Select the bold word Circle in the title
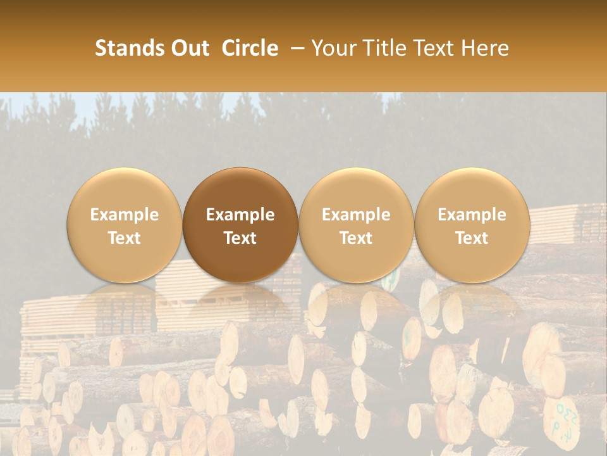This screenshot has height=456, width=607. [x=250, y=48]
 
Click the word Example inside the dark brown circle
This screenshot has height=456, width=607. [x=240, y=215]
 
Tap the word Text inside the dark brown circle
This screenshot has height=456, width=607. [x=240, y=238]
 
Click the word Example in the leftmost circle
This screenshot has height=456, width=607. [x=124, y=215]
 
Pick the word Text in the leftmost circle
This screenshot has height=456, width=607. [x=124, y=238]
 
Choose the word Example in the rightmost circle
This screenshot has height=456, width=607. [x=472, y=215]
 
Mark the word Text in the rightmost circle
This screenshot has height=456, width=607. [x=472, y=238]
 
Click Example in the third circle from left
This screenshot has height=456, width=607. [x=356, y=215]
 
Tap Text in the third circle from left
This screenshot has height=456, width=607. [x=356, y=238]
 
